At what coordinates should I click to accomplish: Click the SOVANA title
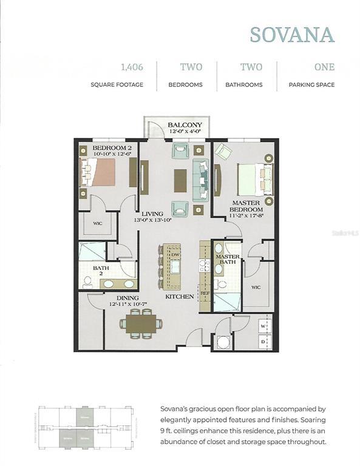point(293,35)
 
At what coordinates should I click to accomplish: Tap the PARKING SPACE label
point(311,85)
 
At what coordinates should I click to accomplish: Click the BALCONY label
point(180,125)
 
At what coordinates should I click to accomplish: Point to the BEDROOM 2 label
point(112,148)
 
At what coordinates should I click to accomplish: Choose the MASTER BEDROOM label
point(245,206)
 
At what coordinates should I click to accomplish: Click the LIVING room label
point(152,214)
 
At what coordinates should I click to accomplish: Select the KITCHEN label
point(180,297)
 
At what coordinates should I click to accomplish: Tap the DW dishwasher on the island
point(175,255)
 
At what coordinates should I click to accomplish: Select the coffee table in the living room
point(180,180)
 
